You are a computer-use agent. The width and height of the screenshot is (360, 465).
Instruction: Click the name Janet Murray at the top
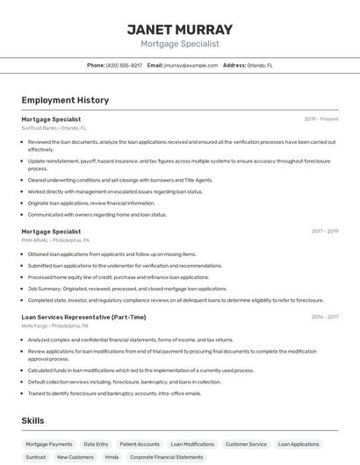pyautogui.click(x=180, y=29)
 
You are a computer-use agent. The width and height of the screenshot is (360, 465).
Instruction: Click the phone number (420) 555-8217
pyautogui.click(x=124, y=65)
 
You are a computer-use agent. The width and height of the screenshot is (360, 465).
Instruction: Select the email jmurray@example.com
pyautogui.click(x=190, y=65)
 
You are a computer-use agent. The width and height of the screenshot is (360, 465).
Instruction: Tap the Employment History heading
pyautogui.click(x=65, y=100)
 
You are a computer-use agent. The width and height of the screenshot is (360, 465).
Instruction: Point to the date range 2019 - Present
pyautogui.click(x=321, y=119)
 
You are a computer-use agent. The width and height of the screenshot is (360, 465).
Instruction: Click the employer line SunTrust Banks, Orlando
pyautogui.click(x=54, y=128)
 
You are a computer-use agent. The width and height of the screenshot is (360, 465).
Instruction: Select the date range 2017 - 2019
pyautogui.click(x=325, y=232)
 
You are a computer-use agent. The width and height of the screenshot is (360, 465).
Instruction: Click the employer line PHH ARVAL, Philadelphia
pyautogui.click(x=55, y=240)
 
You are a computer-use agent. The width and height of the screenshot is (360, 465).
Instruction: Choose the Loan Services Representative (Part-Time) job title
pyautogui.click(x=83, y=317)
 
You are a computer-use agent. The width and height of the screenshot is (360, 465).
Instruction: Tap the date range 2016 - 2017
pyautogui.click(x=325, y=317)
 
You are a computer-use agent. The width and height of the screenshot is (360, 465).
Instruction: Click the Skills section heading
pyautogui.click(x=33, y=421)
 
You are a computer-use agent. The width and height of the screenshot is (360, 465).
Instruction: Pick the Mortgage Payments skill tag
pyautogui.click(x=49, y=445)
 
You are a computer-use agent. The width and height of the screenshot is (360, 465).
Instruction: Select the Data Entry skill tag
pyautogui.click(x=96, y=445)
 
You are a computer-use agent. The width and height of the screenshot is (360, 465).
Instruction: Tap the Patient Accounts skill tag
pyautogui.click(x=140, y=445)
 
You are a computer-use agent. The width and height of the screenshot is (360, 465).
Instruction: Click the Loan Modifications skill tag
pyautogui.click(x=192, y=445)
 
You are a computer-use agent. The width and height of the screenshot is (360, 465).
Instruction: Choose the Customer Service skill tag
pyautogui.click(x=246, y=445)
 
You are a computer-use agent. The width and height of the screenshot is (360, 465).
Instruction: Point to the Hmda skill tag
pyautogui.click(x=112, y=457)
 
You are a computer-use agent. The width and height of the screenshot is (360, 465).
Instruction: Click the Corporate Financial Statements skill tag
pyautogui.click(x=167, y=457)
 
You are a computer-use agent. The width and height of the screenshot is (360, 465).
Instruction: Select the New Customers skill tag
pyautogui.click(x=75, y=457)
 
